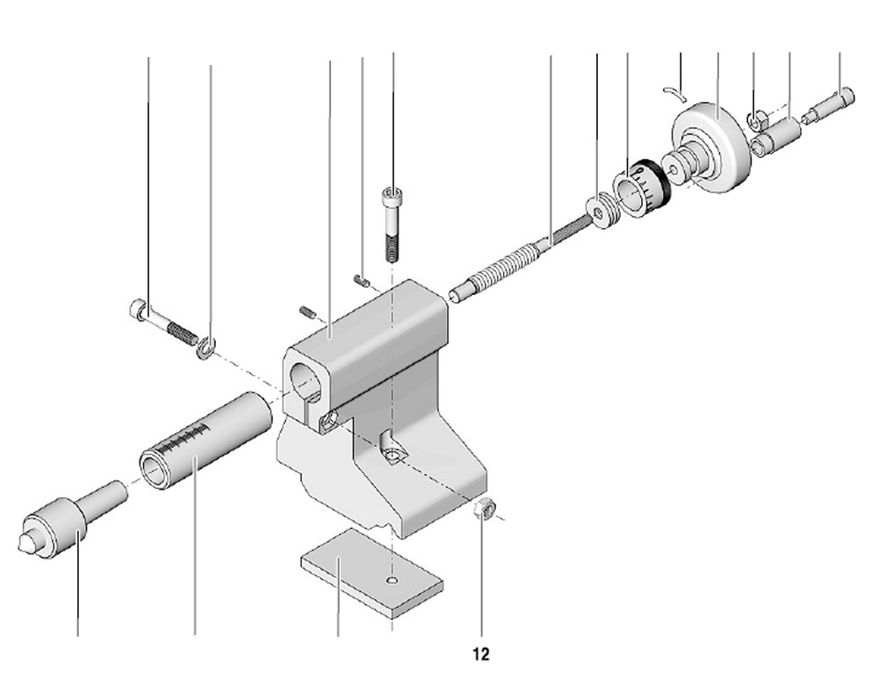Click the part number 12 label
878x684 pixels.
[480, 654]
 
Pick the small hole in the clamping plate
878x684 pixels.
[392, 580]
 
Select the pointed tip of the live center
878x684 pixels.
[22, 542]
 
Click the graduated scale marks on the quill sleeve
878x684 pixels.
[188, 436]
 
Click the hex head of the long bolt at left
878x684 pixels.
[137, 309]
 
